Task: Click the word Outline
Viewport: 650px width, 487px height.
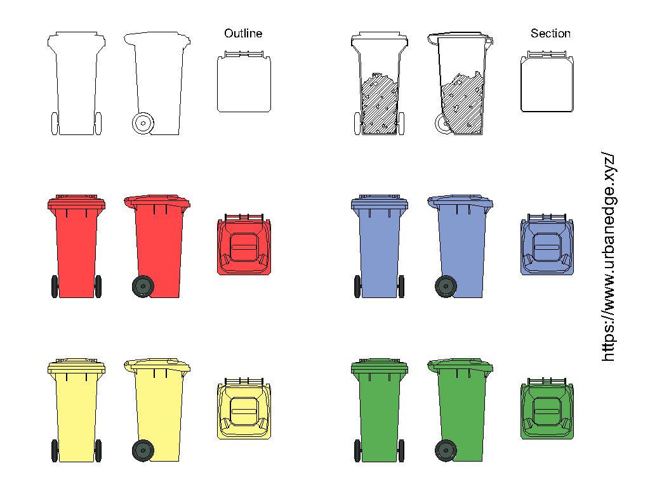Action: pos(243,34)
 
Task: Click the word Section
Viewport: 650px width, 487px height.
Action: pos(550,34)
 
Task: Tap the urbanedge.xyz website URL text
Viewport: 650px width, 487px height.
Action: pos(609,257)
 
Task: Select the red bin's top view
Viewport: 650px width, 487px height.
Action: pos(244,244)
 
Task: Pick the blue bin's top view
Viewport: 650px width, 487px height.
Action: pos(547,244)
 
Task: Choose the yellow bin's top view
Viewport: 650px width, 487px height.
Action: pos(244,408)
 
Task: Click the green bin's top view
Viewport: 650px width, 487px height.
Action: pos(547,408)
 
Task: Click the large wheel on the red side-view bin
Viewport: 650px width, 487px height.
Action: pos(143,286)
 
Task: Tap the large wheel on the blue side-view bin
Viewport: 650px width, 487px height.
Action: pos(446,286)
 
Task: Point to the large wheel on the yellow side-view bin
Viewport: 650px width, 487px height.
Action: pos(143,451)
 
